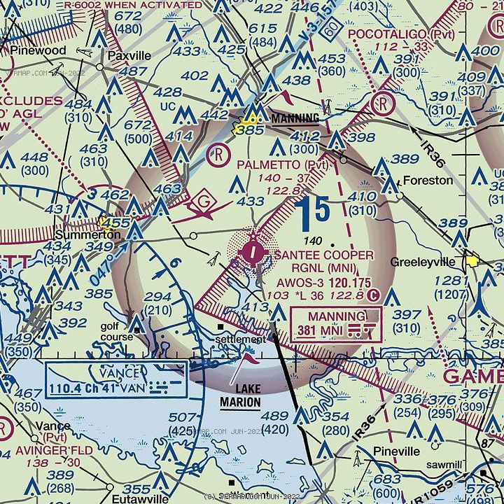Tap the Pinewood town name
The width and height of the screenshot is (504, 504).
point(38,51)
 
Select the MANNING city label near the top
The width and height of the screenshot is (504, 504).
point(295,118)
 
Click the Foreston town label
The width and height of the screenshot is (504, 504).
point(428,180)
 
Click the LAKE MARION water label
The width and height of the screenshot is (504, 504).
point(239,396)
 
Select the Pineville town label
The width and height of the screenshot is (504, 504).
point(396,451)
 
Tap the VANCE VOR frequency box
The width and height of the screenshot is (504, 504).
point(116,379)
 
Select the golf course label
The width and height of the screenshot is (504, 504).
point(115,331)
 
